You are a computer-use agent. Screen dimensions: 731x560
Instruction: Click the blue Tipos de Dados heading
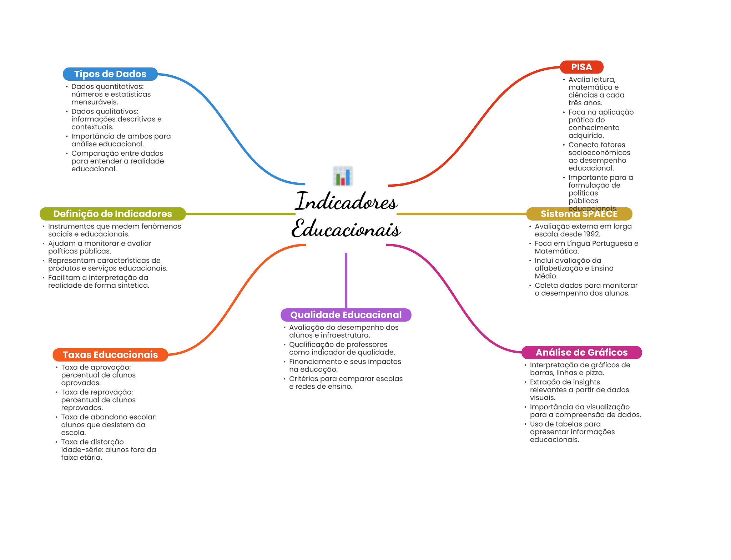point(110,74)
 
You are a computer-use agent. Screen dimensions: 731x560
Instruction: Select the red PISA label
point(581,67)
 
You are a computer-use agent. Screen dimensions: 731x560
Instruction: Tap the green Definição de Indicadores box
point(112,214)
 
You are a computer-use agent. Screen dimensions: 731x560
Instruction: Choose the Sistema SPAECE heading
point(579,214)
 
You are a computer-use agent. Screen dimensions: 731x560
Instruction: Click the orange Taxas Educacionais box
point(110,355)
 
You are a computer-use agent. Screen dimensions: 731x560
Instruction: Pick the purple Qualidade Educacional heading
point(346,315)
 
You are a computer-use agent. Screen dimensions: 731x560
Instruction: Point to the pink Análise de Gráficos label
point(581,353)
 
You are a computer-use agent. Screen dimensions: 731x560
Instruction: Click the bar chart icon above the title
point(343,176)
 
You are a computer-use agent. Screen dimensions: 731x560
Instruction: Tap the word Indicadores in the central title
point(346,202)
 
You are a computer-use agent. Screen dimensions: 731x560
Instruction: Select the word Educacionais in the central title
point(346,229)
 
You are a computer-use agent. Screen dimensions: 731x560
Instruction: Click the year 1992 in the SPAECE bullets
point(591,234)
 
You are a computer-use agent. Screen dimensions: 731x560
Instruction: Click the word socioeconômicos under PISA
point(599,153)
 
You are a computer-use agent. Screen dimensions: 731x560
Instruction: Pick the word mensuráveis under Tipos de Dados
point(95,102)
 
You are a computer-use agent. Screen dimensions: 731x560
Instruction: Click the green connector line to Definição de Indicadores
point(239,214)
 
